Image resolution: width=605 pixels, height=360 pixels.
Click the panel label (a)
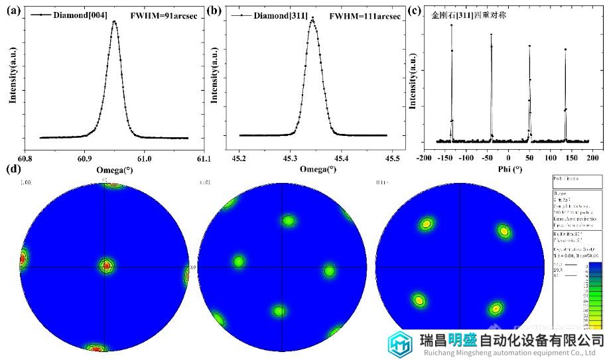(13, 11)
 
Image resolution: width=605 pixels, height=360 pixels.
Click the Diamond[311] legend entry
(280, 14)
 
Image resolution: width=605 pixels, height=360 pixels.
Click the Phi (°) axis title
(508, 169)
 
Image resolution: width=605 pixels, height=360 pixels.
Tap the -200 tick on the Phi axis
(425, 159)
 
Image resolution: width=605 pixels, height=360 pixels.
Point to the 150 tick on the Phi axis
(572, 159)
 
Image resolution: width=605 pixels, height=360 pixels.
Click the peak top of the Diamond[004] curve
(114, 21)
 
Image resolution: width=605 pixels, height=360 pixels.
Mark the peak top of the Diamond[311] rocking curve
(312, 19)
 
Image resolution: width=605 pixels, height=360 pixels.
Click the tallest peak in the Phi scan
(451, 25)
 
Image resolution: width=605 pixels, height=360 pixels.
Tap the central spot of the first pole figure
(106, 266)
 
